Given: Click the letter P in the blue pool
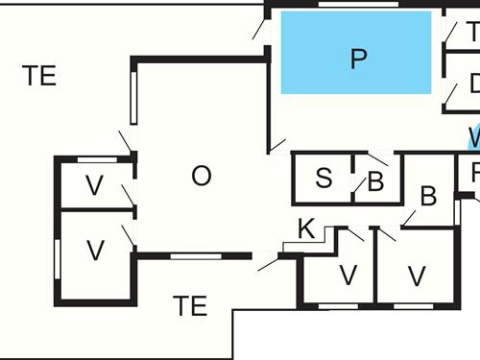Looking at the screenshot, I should pyautogui.click(x=358, y=60).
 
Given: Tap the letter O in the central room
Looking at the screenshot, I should pyautogui.click(x=201, y=176).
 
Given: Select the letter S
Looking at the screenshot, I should pyautogui.click(x=324, y=178).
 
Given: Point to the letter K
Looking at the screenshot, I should pyautogui.click(x=306, y=228).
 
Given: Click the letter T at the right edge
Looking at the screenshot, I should pyautogui.click(x=472, y=31).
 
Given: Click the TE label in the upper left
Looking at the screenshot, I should pyautogui.click(x=39, y=76).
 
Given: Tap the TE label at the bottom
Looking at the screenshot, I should pyautogui.click(x=190, y=306).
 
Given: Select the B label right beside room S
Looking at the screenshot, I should pyautogui.click(x=375, y=180).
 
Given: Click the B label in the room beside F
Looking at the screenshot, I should pyautogui.click(x=428, y=197).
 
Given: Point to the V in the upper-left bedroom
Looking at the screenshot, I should pyautogui.click(x=94, y=186).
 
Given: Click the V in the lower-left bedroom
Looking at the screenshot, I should pyautogui.click(x=94, y=252).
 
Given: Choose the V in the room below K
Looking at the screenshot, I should pyautogui.click(x=348, y=276).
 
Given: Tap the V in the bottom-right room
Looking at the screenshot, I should pyautogui.click(x=416, y=276).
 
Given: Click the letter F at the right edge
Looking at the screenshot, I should pyautogui.click(x=475, y=174).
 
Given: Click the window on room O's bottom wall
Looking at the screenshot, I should pyautogui.click(x=196, y=256).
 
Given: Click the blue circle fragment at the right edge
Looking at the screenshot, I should pyautogui.click(x=474, y=139).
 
